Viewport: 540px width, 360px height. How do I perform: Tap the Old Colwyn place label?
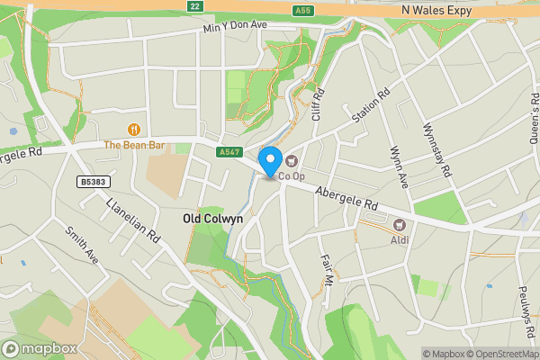click(212, 219)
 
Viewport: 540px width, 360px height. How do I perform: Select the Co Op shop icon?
click(292, 160)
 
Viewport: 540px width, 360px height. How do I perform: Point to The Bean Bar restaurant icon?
click(134, 129)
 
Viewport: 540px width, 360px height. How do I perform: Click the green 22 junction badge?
click(193, 5)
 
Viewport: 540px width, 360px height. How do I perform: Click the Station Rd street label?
click(372, 105)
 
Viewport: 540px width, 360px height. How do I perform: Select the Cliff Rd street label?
click(317, 105)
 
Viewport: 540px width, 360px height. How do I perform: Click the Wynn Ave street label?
click(398, 167)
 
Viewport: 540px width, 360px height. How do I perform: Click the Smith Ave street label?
click(81, 244)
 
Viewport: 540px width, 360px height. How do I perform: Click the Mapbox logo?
click(38, 349)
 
